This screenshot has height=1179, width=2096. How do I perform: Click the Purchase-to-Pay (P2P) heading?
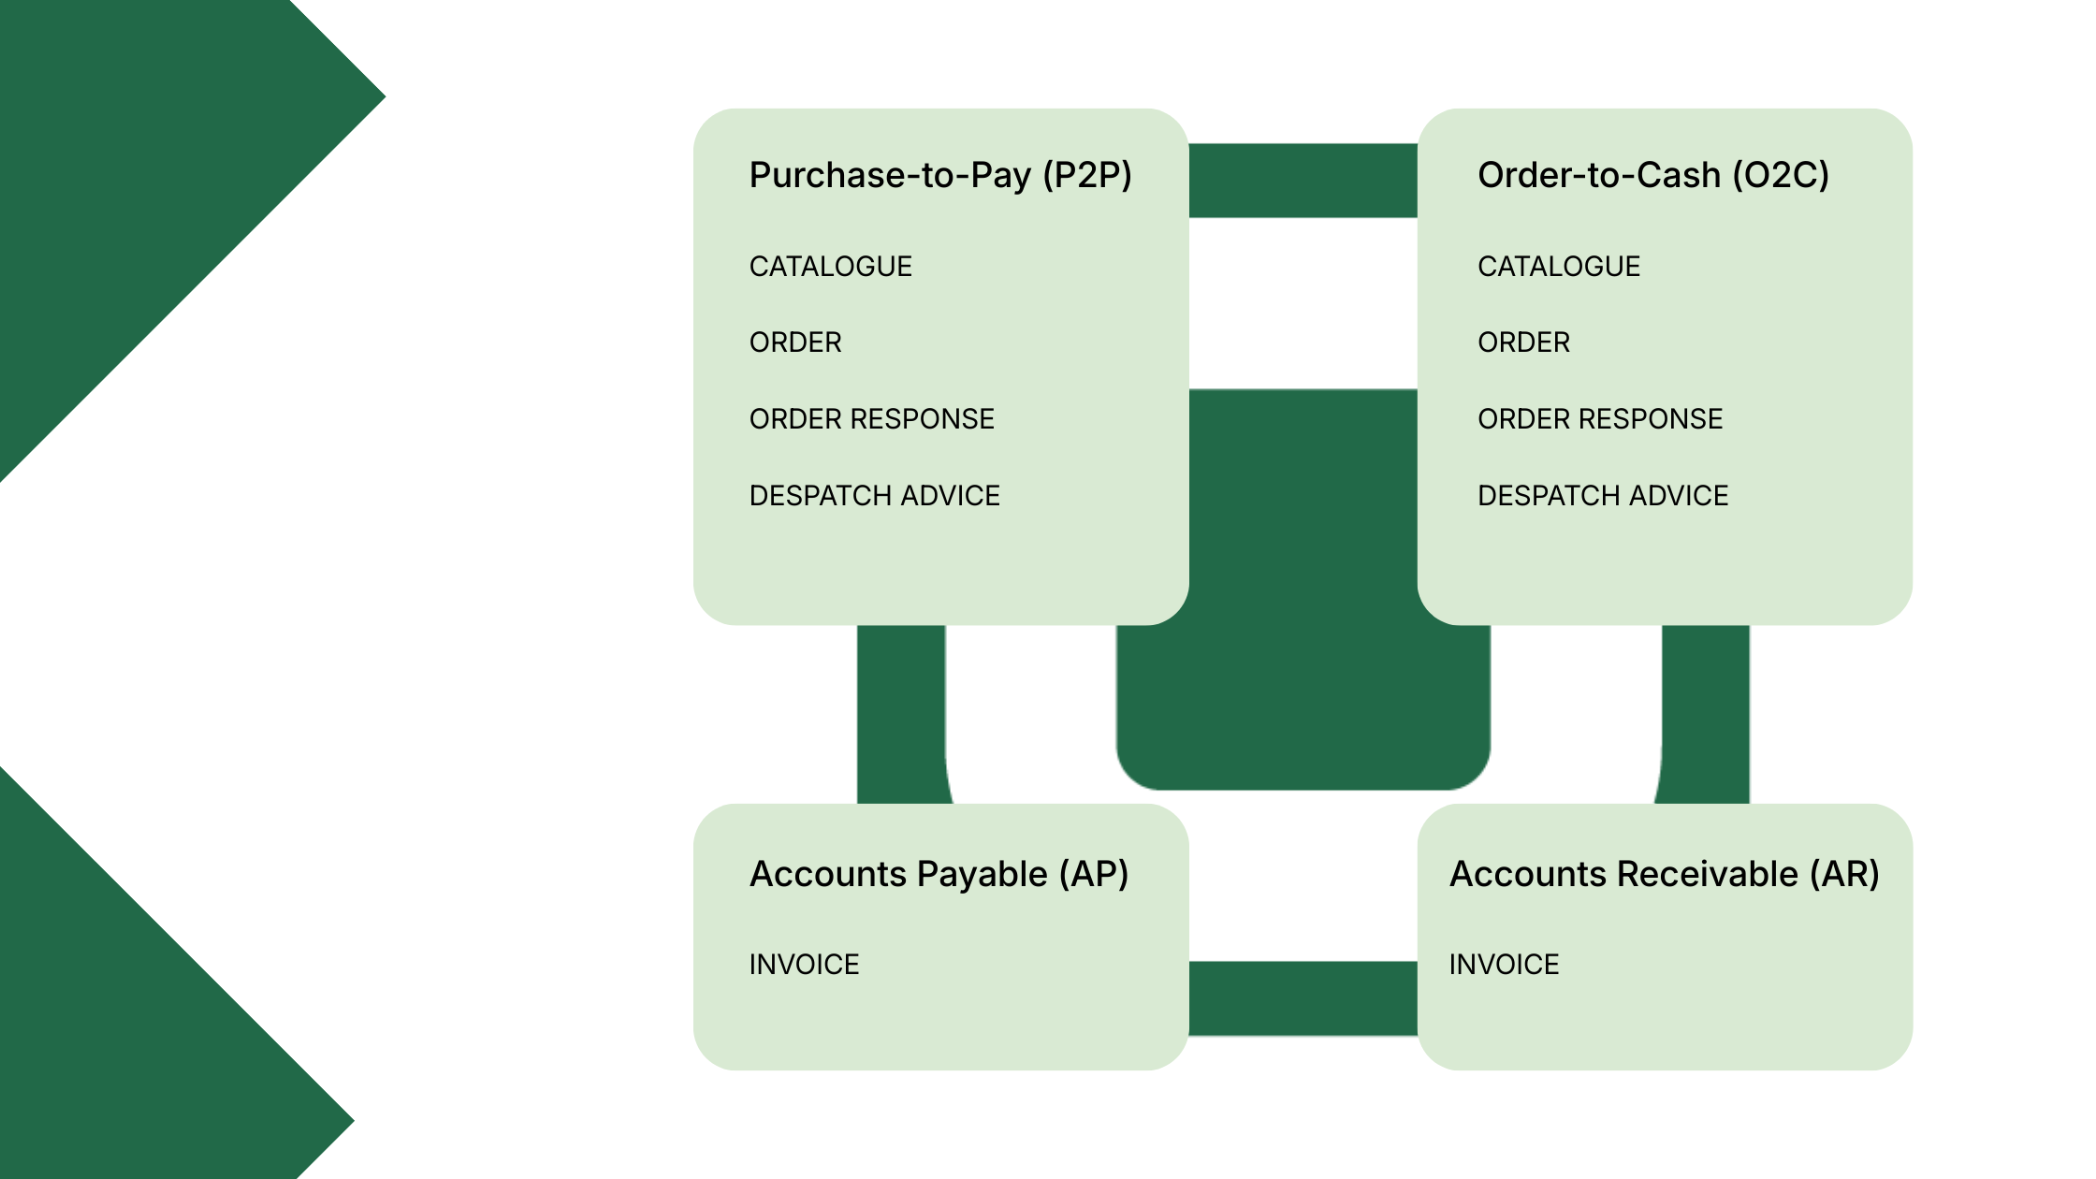[x=940, y=175]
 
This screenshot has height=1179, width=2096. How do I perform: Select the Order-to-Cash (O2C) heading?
[x=1652, y=175]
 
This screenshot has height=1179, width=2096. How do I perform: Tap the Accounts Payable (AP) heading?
[x=939, y=874]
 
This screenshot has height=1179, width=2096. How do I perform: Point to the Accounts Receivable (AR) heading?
[x=1664, y=874]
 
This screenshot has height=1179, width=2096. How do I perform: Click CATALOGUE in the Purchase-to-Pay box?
[x=830, y=267]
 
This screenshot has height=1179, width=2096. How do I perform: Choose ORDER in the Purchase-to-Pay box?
[x=795, y=342]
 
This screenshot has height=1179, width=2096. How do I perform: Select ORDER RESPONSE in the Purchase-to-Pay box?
[x=871, y=419]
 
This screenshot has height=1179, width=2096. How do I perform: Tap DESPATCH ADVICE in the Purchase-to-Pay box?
[x=874, y=496]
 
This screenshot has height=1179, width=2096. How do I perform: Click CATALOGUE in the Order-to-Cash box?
[x=1558, y=267]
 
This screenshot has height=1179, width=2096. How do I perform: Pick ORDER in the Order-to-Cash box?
[x=1523, y=342]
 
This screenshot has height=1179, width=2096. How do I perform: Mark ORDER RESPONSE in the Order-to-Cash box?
[x=1599, y=419]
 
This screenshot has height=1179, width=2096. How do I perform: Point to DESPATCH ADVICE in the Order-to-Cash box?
[x=1602, y=496]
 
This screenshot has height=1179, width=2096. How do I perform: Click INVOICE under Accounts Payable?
[x=804, y=965]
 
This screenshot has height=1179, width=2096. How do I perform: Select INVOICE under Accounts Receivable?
[x=1504, y=965]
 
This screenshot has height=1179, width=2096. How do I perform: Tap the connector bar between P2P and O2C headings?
[x=1303, y=181]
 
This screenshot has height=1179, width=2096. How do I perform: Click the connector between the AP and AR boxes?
[x=1303, y=998]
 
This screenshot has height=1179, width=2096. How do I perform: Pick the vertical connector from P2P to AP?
[x=900, y=713]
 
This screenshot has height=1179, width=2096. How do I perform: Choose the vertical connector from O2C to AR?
[x=1705, y=713]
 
